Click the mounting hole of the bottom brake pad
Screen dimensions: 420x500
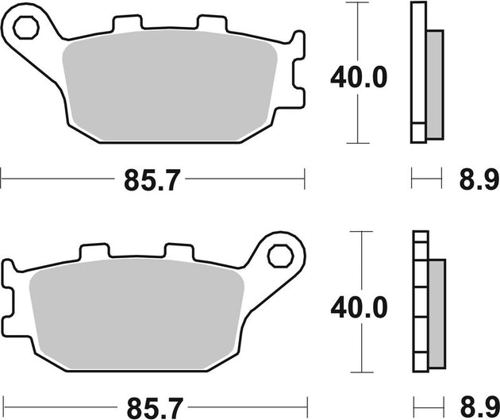tap(279, 256)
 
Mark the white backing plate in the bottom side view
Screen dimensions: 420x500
tap(419, 302)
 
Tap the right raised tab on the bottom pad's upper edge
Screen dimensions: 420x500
tap(179, 252)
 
